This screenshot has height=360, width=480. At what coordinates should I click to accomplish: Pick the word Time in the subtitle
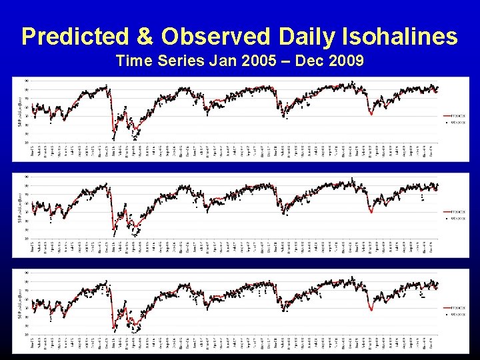pos(131,61)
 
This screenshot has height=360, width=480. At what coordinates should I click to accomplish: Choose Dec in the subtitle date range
pos(305,61)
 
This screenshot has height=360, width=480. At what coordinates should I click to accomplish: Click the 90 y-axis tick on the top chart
pos(26,81)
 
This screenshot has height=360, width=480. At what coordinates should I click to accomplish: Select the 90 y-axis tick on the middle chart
pos(26,177)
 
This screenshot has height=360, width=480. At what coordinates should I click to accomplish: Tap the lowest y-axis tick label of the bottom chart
pos(26,335)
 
